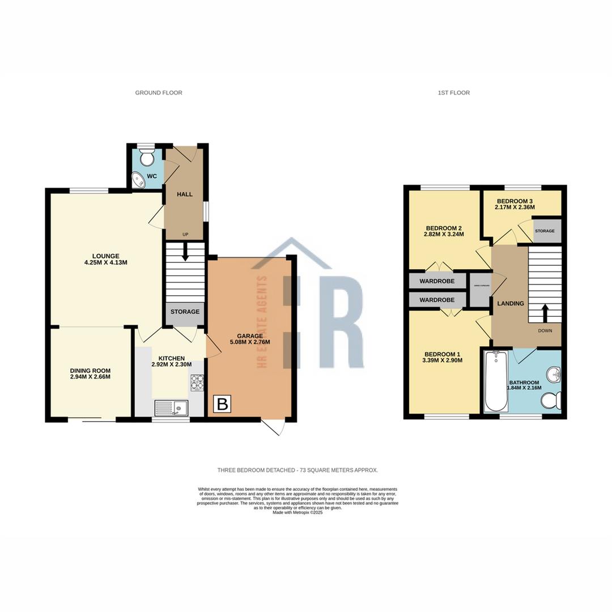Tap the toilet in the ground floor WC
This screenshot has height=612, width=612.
coord(146,157)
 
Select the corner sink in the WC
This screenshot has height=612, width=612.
coord(138,180)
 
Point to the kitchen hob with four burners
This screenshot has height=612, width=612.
coord(197,383)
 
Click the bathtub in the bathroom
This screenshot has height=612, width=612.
coord(495,381)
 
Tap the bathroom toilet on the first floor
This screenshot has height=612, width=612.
coord(551,401)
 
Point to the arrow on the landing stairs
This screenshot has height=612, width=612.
coord(545,312)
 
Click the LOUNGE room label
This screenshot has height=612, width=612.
coord(107,256)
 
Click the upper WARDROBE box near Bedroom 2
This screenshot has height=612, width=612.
coord(437,281)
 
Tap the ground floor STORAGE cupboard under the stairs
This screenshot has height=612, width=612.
coord(185,312)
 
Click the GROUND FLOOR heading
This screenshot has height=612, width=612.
coord(159,92)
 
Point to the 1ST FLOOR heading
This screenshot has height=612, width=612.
coord(453,92)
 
